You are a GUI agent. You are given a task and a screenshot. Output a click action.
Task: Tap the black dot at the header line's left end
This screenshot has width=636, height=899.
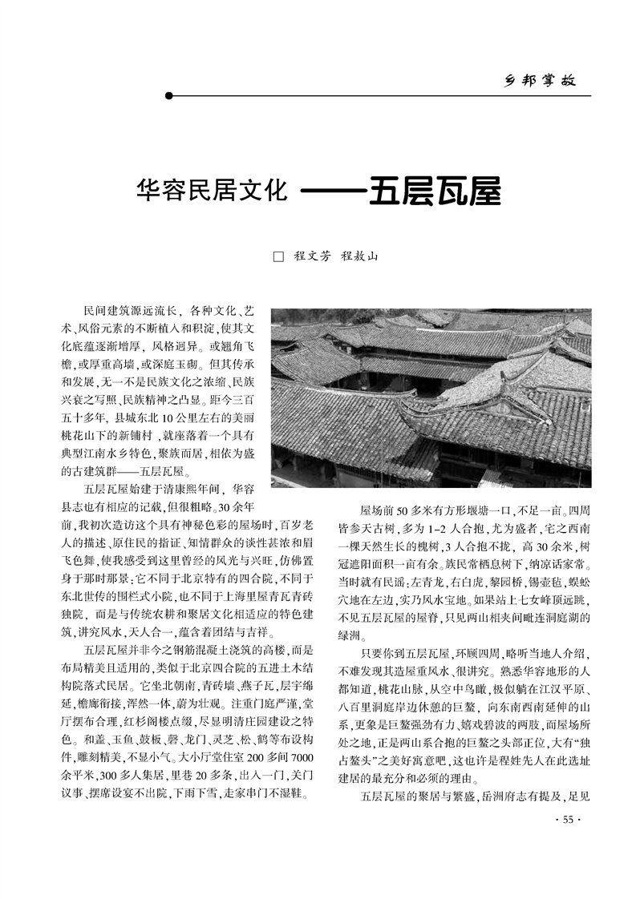pos(168,96)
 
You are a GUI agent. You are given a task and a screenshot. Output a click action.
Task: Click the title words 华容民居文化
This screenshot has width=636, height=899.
pos(212,192)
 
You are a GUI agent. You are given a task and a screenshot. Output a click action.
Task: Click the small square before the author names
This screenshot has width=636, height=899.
pos(279,257)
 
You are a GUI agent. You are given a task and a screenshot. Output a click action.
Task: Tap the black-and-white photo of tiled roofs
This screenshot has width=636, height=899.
pos(431,397)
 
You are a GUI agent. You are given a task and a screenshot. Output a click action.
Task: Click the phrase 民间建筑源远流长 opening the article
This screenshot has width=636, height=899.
pos(128,309)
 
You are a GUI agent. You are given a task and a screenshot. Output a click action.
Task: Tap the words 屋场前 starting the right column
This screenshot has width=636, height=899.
pos(374,510)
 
